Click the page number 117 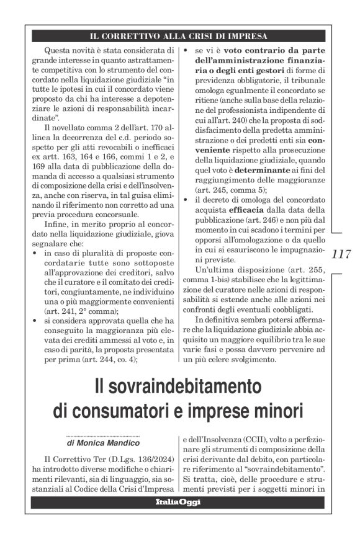pyautogui.click(x=341, y=254)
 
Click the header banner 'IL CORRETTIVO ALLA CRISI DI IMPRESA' pyautogui.click(x=178, y=35)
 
